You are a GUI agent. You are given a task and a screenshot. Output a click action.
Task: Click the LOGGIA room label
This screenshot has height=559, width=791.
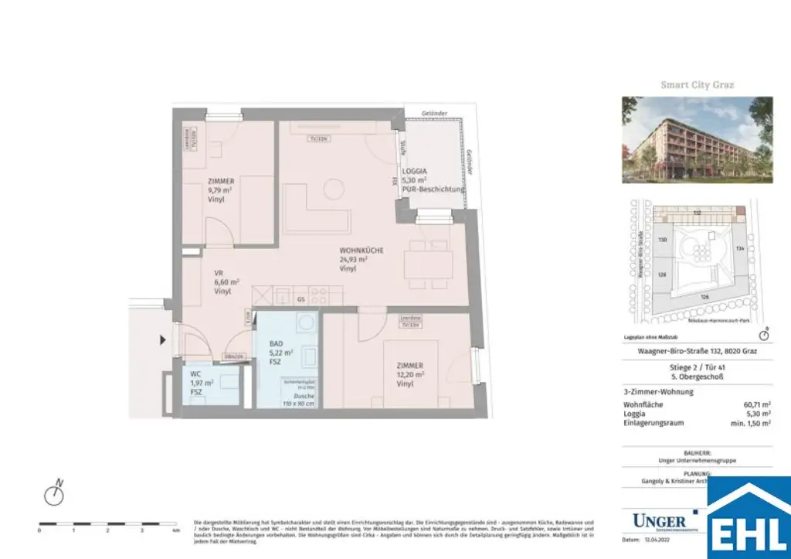coord(415,173)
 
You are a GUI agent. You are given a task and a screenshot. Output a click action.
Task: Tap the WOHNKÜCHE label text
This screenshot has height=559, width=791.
coord(361,251)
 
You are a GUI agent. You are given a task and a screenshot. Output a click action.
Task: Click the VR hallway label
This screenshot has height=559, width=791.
coord(219,273)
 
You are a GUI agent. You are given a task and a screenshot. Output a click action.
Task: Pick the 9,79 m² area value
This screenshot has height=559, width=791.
coord(221,190)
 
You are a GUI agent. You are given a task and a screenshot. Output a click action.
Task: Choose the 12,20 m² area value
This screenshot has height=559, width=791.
coord(410,375)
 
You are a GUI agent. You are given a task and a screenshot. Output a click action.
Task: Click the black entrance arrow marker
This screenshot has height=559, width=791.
coord(162,339)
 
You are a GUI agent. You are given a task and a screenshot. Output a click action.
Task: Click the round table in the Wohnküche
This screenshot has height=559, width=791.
coord(334,187)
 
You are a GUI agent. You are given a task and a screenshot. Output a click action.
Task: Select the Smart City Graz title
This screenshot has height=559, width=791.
coord(697,84)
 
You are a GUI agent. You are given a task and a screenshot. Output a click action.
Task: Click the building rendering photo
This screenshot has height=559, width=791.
coord(697,139)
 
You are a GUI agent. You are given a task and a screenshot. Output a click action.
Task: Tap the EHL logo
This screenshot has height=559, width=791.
coord(749,519)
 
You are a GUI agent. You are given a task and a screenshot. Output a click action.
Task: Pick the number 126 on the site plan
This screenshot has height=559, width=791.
coord(704,297)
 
